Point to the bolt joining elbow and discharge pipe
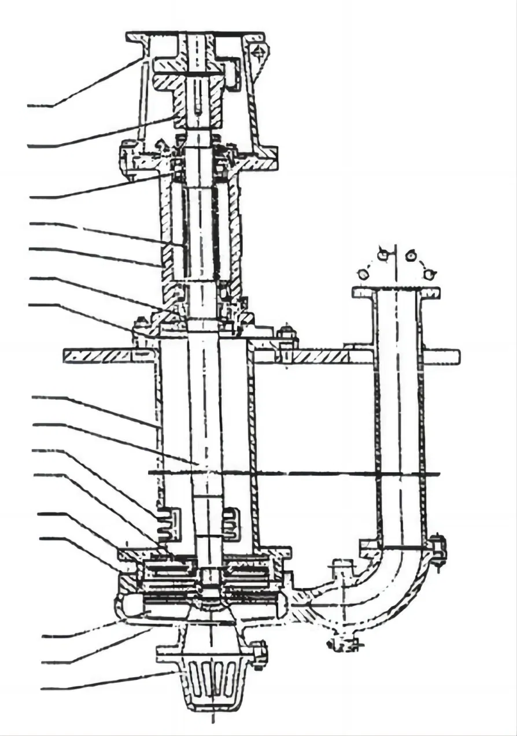pyautogui.click(x=438, y=549)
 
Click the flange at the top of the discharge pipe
pyautogui.click(x=396, y=293)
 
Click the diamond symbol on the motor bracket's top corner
pyautogui.click(x=258, y=53)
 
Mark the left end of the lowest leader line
pyautogui.click(x=42, y=689)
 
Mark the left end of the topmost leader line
pyautogui.click(x=29, y=106)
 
